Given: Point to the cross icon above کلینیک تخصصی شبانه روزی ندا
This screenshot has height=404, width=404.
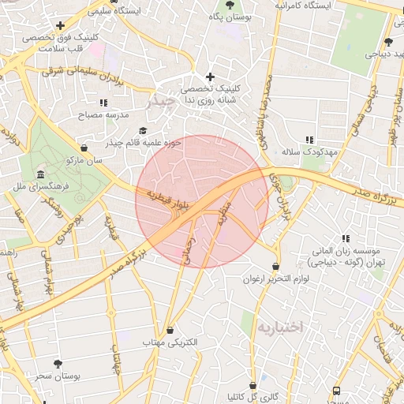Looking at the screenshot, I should point(210,77).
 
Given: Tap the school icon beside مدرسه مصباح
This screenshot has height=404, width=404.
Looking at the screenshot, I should point(103,103).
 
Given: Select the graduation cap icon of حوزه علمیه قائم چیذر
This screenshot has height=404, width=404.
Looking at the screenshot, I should point(143,131).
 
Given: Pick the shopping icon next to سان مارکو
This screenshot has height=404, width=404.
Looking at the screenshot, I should point(84,148).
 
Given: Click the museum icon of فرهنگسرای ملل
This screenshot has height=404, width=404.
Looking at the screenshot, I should point(40,174).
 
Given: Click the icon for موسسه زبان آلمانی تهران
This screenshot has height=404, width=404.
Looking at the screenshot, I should point(345,238).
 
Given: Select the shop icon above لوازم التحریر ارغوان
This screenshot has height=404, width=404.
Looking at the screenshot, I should point(275,267).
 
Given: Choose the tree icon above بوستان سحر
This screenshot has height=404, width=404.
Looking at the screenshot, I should point(58,364).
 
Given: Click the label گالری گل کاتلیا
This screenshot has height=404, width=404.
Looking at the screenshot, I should point(252,396).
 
